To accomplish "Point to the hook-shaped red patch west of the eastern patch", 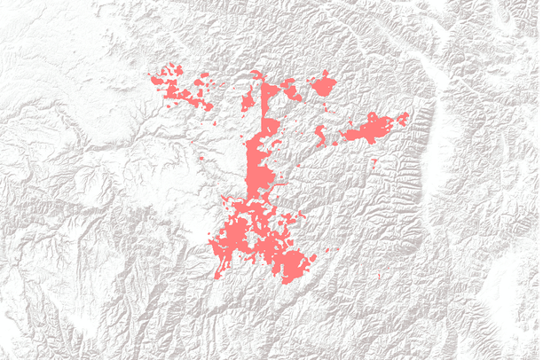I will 320,135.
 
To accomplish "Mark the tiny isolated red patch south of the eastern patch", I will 374,160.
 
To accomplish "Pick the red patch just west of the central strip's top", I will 248,102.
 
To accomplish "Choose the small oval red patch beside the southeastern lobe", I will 311,257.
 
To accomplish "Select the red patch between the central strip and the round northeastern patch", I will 289,88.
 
